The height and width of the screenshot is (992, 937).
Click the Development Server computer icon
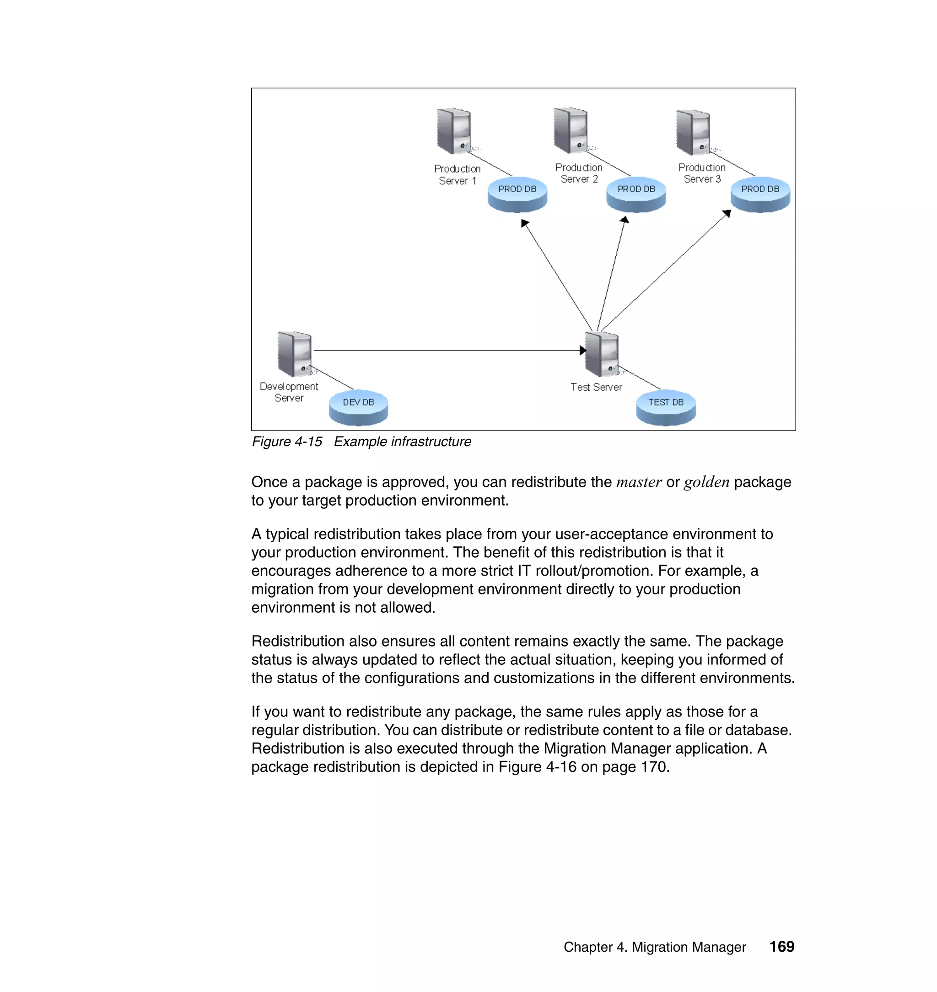295,354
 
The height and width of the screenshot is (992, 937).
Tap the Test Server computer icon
602,354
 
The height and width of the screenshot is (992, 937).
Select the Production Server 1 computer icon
453,131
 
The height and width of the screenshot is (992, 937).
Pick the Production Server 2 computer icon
571,130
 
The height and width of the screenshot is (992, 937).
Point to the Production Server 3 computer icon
693,132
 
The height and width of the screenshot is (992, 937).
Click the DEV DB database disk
358,407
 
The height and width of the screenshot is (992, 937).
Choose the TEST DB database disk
666,407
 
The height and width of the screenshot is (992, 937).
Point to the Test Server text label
596,387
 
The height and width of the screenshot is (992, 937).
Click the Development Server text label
289,392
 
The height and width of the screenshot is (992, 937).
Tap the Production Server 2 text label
579,173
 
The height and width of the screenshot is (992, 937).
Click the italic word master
639,482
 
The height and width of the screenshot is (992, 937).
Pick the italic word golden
706,482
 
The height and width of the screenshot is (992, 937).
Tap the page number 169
781,947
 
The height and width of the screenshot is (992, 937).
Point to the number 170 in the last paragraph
654,767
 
